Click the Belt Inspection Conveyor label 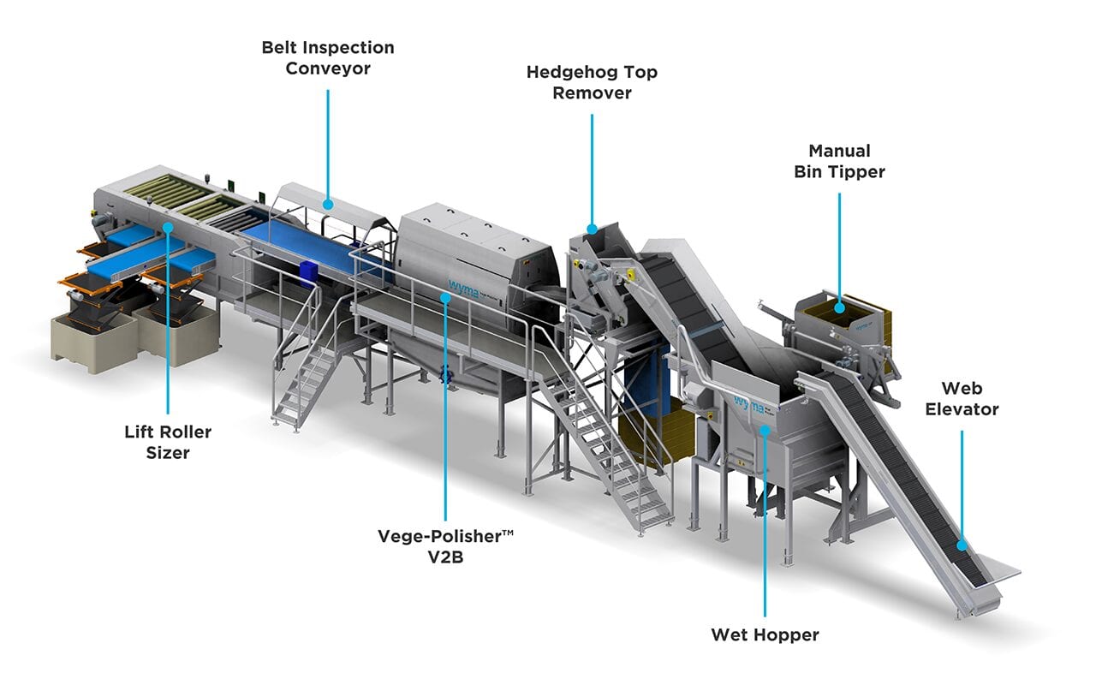click(x=328, y=57)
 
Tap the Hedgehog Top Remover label click(x=592, y=82)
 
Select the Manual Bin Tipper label click(x=840, y=161)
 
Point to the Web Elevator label click(x=962, y=398)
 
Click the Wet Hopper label click(x=765, y=634)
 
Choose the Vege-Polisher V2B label click(x=446, y=546)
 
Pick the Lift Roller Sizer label click(x=168, y=442)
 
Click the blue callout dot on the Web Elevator click(x=962, y=545)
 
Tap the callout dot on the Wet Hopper click(x=765, y=430)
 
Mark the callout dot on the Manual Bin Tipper click(x=840, y=307)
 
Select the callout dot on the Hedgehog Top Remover click(x=592, y=229)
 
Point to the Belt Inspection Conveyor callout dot click(x=328, y=204)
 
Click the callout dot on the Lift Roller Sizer click(x=168, y=228)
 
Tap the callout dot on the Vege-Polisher click(x=445, y=297)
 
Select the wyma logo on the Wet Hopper click(x=748, y=404)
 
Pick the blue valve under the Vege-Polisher click(x=444, y=374)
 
